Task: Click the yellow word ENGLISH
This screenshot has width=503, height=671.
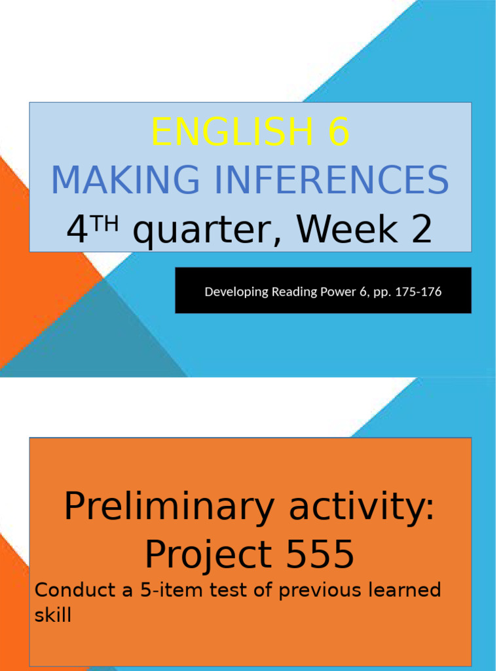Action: pyautogui.click(x=233, y=133)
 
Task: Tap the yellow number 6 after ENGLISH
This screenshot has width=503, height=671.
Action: pyautogui.click(x=339, y=133)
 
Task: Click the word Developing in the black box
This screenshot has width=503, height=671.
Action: pyautogui.click(x=233, y=292)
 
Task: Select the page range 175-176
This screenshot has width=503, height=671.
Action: pyautogui.click(x=420, y=292)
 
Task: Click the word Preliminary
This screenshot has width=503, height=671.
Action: pyautogui.click(x=170, y=507)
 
